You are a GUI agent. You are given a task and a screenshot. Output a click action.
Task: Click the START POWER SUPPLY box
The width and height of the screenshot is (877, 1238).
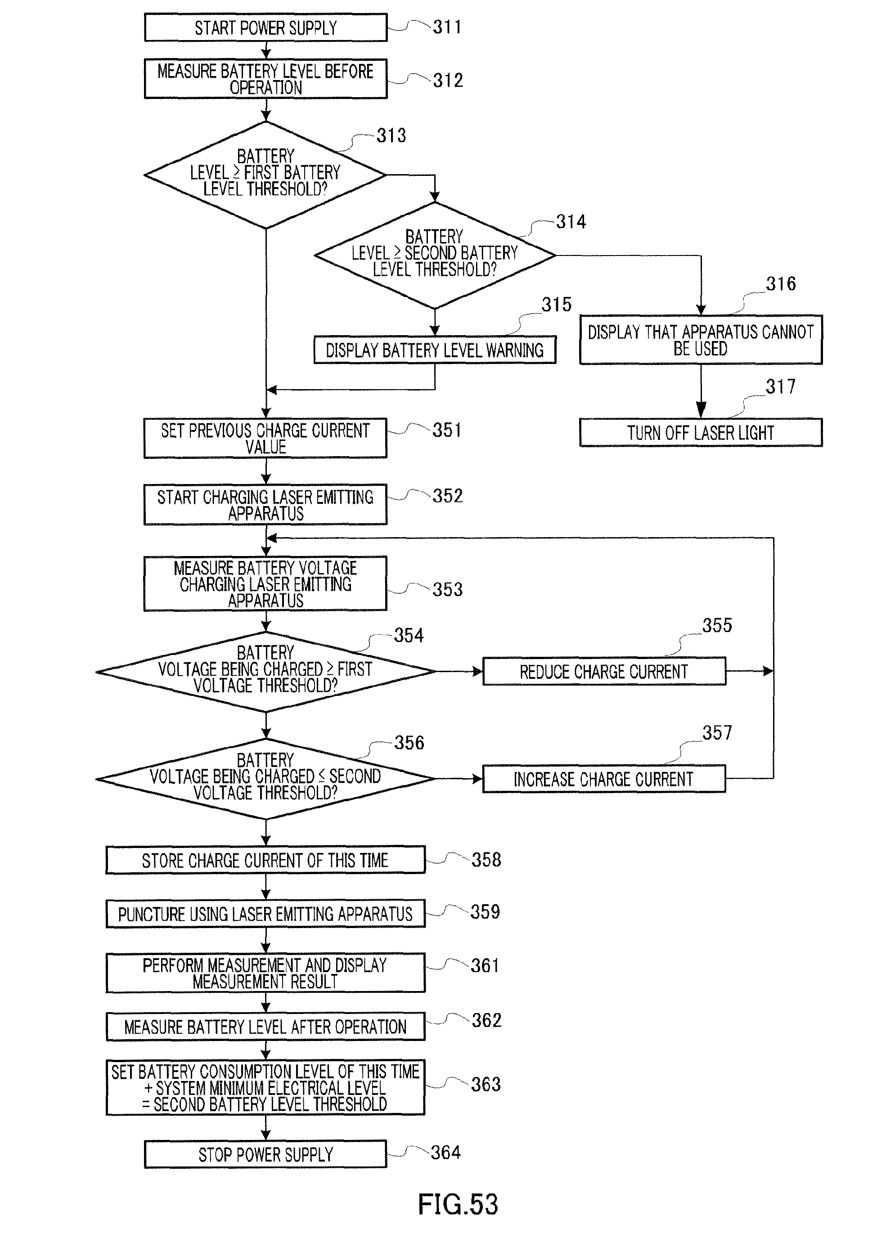(x=265, y=27)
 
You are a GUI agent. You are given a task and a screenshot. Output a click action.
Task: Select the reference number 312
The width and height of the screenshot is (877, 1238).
(x=448, y=81)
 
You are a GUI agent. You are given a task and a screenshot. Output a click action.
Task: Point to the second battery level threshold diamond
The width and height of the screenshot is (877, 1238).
(x=435, y=254)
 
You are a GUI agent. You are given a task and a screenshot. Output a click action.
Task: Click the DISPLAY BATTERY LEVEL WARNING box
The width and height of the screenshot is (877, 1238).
(x=435, y=350)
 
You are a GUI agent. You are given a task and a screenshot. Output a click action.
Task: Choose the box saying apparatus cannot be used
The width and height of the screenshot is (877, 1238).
(x=701, y=340)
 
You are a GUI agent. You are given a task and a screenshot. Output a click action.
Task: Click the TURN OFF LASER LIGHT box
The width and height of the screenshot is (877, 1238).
(x=701, y=432)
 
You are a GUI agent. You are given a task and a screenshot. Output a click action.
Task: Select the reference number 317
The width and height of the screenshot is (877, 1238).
(x=780, y=386)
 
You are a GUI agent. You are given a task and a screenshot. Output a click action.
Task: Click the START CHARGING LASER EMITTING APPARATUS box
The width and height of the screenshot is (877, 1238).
(x=265, y=504)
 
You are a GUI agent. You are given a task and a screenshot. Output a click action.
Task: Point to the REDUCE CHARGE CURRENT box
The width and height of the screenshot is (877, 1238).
(x=604, y=672)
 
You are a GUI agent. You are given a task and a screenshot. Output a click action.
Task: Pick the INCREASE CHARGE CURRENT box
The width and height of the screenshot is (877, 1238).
(x=604, y=779)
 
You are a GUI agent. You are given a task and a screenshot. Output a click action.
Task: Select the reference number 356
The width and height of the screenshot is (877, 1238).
(x=409, y=743)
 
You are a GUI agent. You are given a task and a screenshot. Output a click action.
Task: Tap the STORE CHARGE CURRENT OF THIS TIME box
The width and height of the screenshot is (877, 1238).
(x=265, y=860)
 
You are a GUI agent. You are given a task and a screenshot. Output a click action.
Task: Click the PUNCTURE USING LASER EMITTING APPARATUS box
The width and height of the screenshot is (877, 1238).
(x=265, y=914)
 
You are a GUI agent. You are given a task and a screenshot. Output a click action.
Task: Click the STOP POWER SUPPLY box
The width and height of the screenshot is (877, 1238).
(x=265, y=1154)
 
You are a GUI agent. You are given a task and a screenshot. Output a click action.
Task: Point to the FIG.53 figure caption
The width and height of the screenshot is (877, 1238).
(x=458, y=1204)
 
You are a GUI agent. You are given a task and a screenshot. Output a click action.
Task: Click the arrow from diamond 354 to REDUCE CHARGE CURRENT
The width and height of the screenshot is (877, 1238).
(x=459, y=672)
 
